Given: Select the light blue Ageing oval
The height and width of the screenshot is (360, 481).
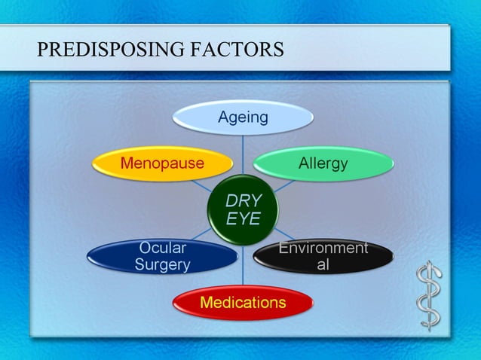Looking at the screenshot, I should (x=243, y=117).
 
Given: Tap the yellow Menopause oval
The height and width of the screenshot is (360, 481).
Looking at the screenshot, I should (x=161, y=163).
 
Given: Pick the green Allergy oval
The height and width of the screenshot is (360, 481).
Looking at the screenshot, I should (x=323, y=163).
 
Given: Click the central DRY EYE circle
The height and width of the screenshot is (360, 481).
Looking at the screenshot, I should (x=243, y=210).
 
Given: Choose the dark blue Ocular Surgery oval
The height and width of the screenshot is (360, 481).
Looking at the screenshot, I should (x=162, y=257).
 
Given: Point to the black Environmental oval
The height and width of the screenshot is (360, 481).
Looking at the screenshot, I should (x=323, y=257).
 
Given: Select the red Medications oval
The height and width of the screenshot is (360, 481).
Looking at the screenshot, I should (x=243, y=303).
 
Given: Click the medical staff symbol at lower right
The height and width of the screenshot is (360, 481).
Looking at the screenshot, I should (x=430, y=295).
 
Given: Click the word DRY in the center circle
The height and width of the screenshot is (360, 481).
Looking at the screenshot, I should (x=243, y=201).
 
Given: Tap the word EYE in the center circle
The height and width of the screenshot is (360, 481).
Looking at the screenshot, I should (x=243, y=218).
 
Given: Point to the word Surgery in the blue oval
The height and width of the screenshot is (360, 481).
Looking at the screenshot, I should (x=162, y=265).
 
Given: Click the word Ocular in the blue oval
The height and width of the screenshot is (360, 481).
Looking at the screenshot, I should (x=162, y=248).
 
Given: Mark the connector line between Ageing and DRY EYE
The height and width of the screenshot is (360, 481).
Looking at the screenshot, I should (x=243, y=154).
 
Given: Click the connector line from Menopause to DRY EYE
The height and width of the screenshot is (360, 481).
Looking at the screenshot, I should (x=202, y=185).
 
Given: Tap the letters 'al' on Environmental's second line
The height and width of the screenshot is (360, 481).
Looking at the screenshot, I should (x=323, y=265).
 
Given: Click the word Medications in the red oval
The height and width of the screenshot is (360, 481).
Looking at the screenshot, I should (x=243, y=303).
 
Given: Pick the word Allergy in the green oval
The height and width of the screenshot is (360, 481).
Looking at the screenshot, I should (x=323, y=163).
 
